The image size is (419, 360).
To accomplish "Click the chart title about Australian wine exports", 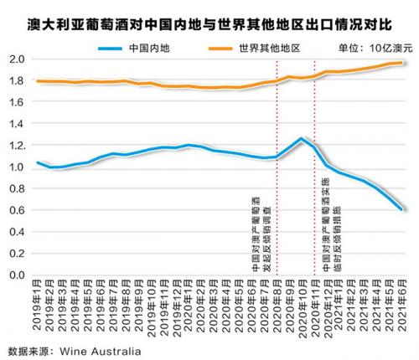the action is pos(209,24).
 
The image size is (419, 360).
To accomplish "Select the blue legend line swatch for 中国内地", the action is pos(110,49).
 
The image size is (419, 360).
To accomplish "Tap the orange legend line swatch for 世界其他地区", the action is pos(220,49).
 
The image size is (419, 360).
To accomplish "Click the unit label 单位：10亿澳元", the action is pos(375,49).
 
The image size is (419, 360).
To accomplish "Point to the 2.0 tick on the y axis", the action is pos(18,59).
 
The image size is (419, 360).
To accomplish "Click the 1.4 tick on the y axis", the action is pos(18,123).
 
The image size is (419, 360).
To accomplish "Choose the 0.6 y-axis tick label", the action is pos(18,210).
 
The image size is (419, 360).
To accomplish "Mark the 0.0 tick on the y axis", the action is pos(18,275).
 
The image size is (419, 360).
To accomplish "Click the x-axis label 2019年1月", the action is pos(37,305).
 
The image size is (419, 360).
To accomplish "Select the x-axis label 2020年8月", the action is pos(277,306).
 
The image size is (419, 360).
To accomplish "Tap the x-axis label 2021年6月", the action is pos(402,306).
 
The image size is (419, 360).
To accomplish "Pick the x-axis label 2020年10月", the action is pos(303,309).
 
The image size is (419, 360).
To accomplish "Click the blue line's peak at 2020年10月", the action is pos(301,138).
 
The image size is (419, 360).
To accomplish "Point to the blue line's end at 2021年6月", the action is pos(402,209).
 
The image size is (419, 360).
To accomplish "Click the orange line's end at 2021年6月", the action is pos(402,63).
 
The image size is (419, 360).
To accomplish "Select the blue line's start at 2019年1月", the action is pos(38,162).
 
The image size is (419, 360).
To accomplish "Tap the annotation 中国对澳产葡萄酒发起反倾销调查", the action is pos(261,234).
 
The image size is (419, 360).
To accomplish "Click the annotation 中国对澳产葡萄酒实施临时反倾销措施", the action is pos(332,224).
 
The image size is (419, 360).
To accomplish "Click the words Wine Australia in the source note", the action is pos(101,351).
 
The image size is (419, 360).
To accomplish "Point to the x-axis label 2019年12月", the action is pos(178,308).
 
